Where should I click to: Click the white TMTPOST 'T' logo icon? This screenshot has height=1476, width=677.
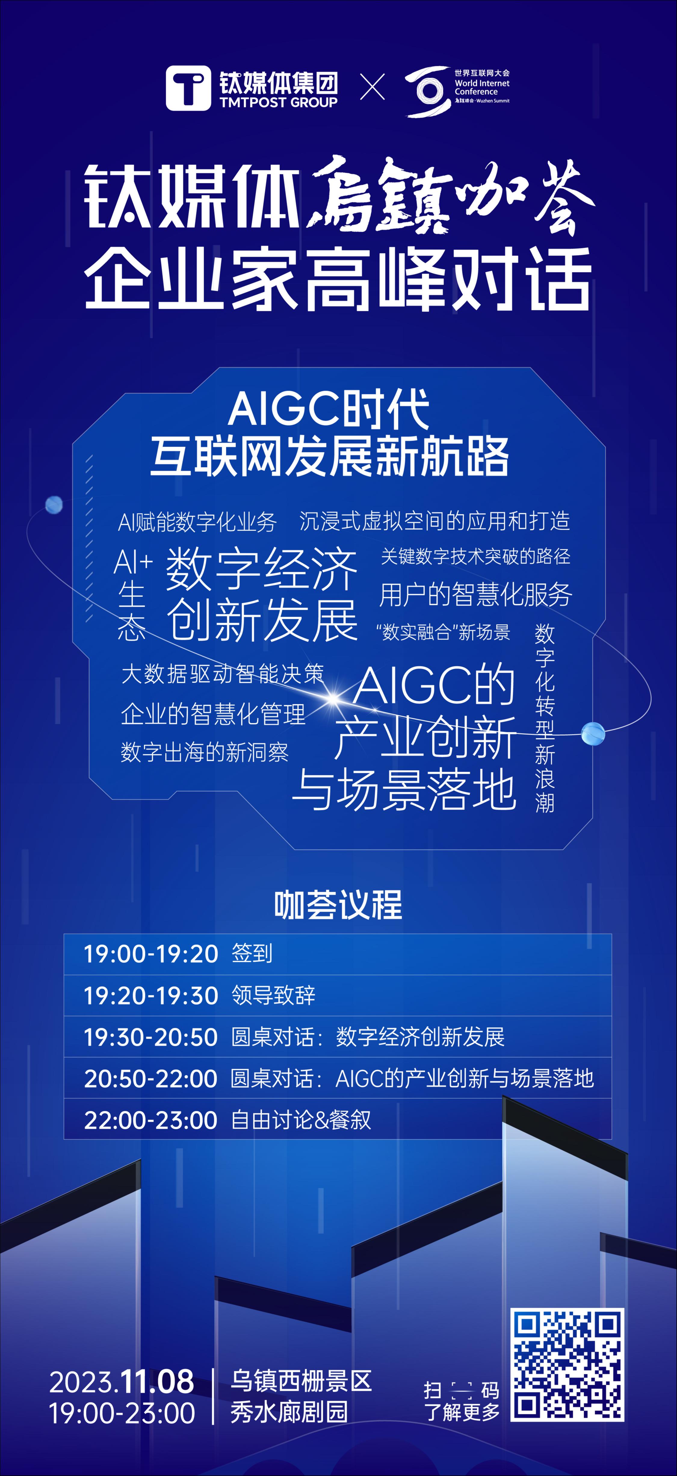(x=188, y=88)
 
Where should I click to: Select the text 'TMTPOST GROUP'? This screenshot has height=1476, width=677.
(x=278, y=103)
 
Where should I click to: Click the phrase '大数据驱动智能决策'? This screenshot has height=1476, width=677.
(x=222, y=674)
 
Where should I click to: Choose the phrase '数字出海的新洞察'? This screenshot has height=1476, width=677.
(x=205, y=752)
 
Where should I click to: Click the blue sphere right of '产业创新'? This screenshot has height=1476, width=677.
(x=593, y=733)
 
